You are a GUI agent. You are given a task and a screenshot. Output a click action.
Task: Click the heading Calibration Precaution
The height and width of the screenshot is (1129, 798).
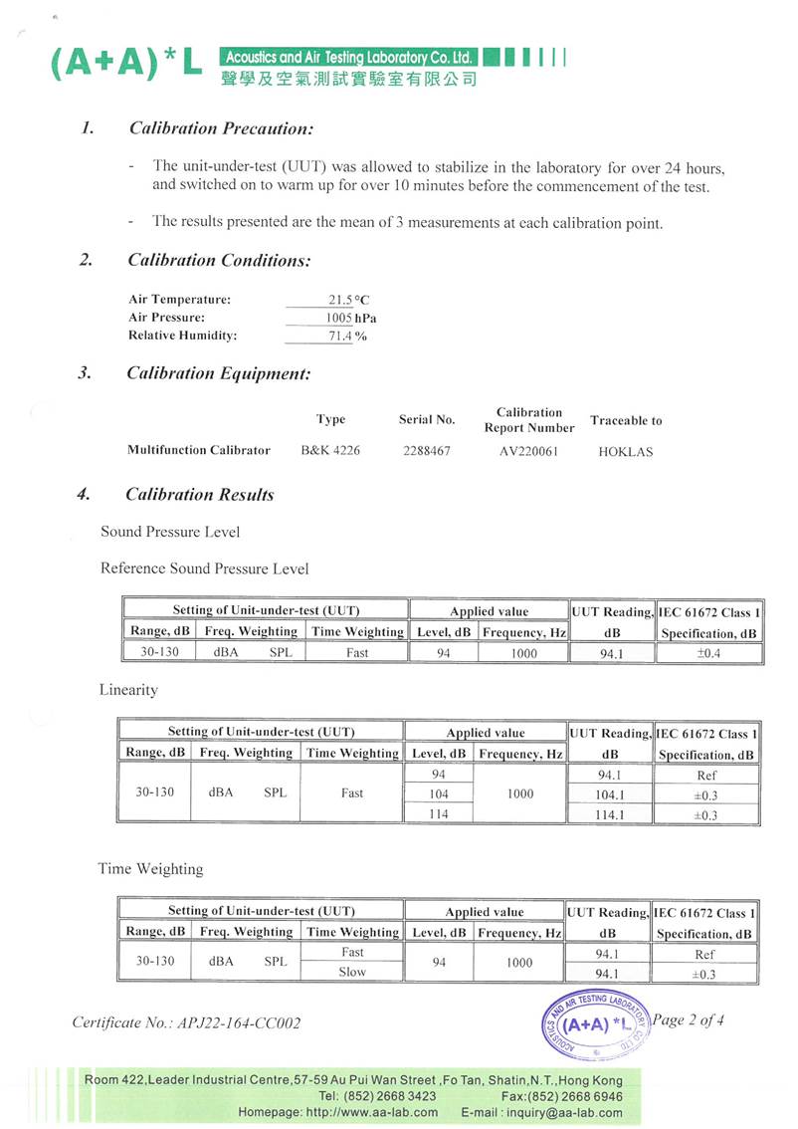[222, 128]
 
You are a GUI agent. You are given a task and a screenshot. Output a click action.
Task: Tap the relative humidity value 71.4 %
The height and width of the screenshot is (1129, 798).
[349, 337]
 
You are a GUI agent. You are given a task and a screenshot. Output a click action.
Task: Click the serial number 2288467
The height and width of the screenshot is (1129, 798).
[427, 451]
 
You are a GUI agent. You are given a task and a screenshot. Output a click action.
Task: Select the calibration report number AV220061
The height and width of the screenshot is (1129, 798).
[528, 451]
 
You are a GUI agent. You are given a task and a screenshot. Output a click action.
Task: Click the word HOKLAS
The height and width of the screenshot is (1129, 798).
[626, 452]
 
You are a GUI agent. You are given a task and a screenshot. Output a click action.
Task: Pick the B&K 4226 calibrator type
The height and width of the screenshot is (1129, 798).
[330, 451]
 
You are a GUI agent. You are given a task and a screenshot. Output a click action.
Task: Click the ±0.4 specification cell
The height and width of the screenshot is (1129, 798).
[708, 653]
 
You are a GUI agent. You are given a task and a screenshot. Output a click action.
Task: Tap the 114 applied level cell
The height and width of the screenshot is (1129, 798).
[439, 813]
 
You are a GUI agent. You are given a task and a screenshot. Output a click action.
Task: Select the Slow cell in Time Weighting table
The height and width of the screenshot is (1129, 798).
[352, 973]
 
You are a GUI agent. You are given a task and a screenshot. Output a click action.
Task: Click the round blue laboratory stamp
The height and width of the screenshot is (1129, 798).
[595, 1022]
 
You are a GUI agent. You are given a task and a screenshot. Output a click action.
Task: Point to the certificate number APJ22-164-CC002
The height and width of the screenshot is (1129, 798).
[186, 1022]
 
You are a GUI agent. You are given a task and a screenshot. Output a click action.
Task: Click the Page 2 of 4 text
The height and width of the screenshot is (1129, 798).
[690, 1019]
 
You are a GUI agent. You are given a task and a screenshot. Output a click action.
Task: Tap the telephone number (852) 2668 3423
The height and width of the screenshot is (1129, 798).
[370, 1096]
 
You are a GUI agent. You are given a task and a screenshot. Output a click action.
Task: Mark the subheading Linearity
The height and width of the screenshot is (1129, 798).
[128, 690]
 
